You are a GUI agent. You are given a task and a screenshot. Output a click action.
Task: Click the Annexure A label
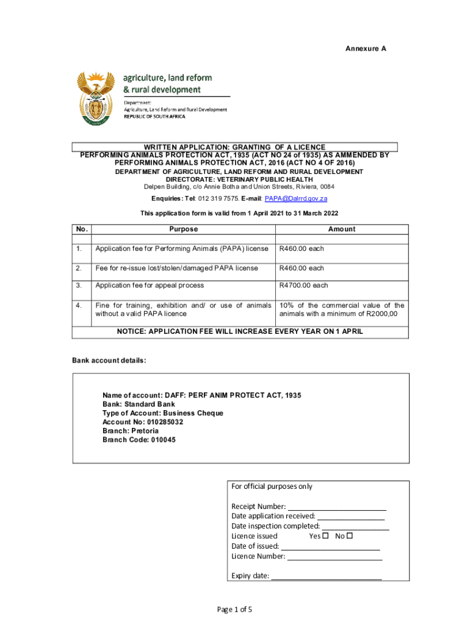[x=366, y=48]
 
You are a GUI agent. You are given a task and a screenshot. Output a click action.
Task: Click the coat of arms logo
[x=96, y=98]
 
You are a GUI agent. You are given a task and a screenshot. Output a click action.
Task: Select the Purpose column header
[x=184, y=229]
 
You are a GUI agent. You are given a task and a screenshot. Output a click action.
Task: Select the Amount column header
[x=341, y=229]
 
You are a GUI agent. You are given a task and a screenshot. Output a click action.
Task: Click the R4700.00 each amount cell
[x=303, y=286]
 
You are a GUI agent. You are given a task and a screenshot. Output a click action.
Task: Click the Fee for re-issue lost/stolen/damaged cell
[x=176, y=269]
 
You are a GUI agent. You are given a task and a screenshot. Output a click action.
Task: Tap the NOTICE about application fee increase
[x=240, y=331]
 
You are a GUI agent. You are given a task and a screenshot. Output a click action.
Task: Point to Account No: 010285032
[x=143, y=422]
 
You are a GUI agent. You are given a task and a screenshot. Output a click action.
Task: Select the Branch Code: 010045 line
[x=139, y=439]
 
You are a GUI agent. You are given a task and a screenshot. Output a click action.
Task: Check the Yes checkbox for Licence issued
[x=325, y=536]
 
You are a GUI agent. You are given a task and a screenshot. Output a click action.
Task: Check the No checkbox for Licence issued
[x=350, y=536]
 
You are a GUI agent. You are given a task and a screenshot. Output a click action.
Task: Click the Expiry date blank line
[x=327, y=576]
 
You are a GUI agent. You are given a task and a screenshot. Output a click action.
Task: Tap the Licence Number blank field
[x=334, y=557]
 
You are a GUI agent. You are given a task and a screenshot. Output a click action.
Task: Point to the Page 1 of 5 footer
[x=234, y=609]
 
